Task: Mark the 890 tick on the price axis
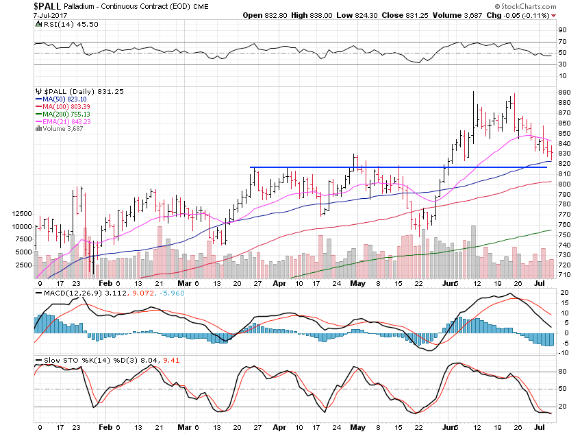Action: click(564, 92)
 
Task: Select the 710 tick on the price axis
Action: click(564, 274)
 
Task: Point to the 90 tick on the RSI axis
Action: click(561, 29)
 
